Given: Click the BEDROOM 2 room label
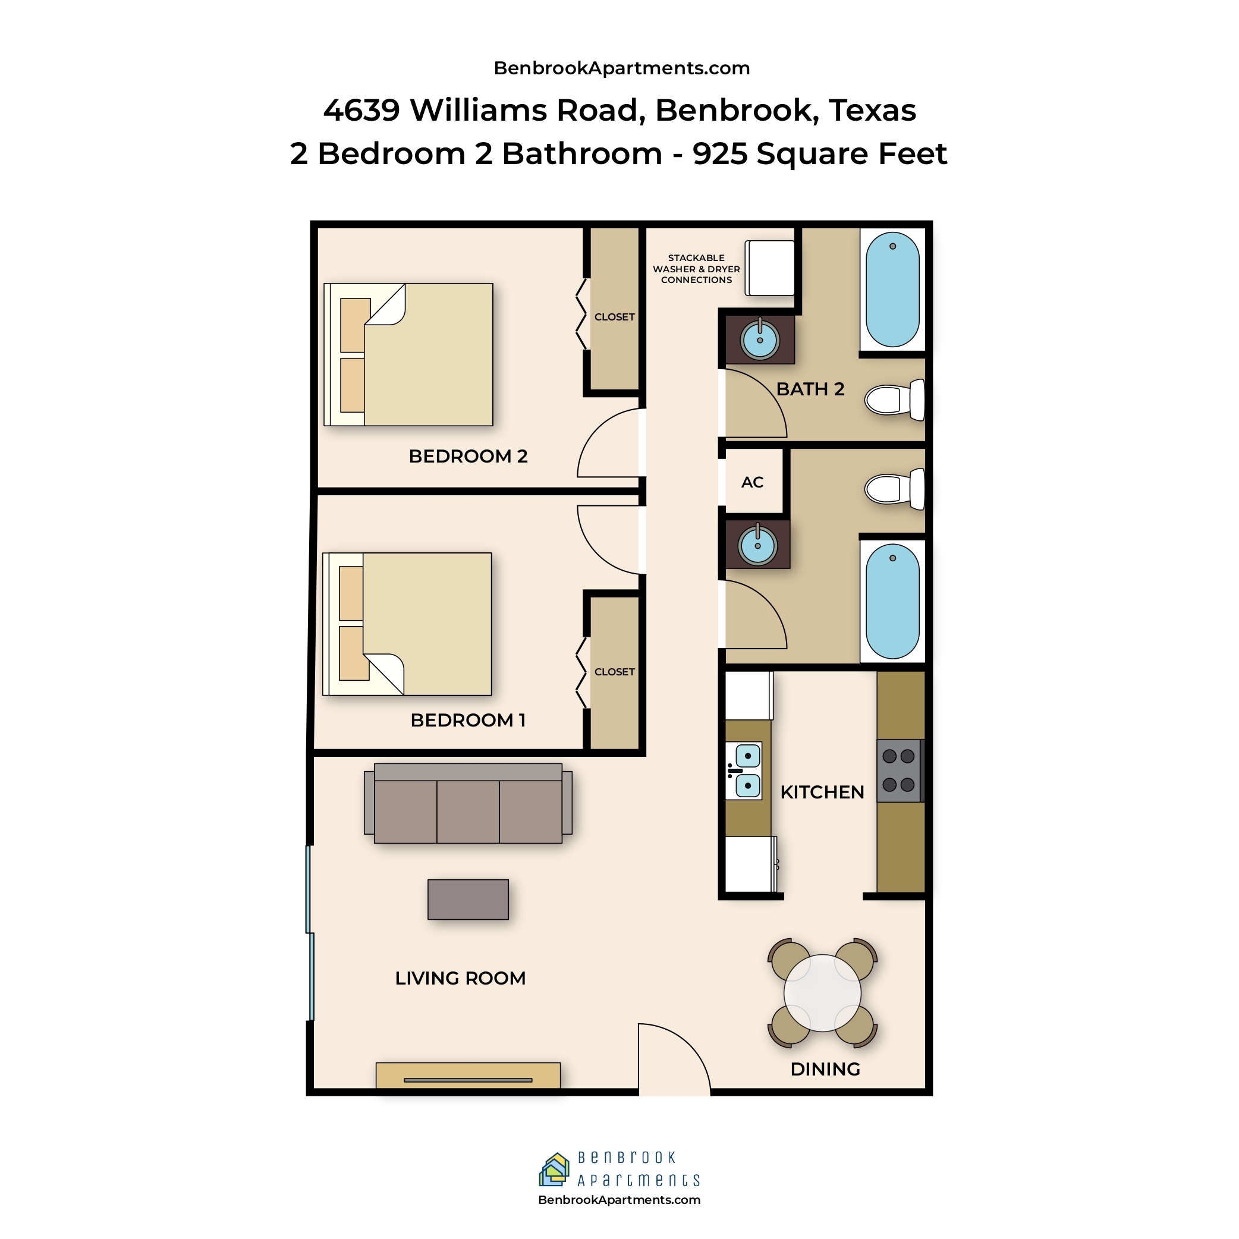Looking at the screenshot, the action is (x=468, y=456).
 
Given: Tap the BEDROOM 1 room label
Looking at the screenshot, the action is (x=468, y=720).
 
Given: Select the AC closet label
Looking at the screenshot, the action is (x=752, y=482).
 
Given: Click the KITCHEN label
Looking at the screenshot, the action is (x=822, y=792).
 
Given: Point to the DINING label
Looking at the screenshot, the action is (x=825, y=1069).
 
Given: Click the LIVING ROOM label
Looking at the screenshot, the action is (x=460, y=978).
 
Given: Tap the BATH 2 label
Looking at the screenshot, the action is (x=810, y=389).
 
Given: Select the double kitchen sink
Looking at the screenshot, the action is (x=744, y=771).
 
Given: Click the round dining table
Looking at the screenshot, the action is (x=822, y=993).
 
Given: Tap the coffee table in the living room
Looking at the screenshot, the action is (x=468, y=899).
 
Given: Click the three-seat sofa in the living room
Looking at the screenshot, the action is (x=468, y=803).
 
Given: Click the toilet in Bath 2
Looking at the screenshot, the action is (x=895, y=400).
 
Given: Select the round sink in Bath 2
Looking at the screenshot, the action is (x=760, y=340).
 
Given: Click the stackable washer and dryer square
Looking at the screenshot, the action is (x=769, y=268).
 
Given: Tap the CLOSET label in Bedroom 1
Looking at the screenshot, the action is (x=614, y=671).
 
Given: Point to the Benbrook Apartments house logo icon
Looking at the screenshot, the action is (x=555, y=1169).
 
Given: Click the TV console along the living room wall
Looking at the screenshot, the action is (x=468, y=1076).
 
